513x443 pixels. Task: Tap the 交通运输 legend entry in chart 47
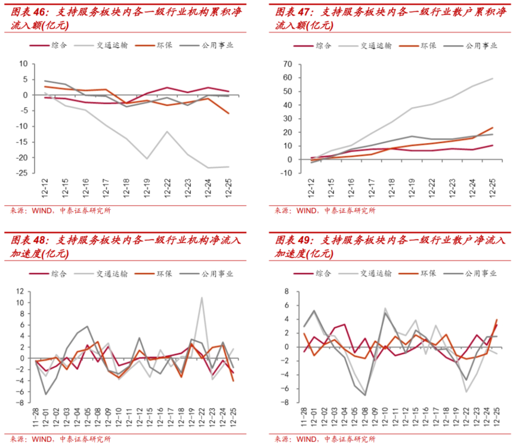(x=376, y=45)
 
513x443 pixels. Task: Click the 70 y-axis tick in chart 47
(x=288, y=63)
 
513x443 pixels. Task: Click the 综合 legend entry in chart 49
(x=323, y=274)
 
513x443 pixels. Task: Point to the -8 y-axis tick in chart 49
(x=286, y=402)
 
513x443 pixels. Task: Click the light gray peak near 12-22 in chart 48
(x=202, y=298)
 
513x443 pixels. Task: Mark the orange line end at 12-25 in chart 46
(x=228, y=113)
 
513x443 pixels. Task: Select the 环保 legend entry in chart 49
(x=428, y=274)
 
